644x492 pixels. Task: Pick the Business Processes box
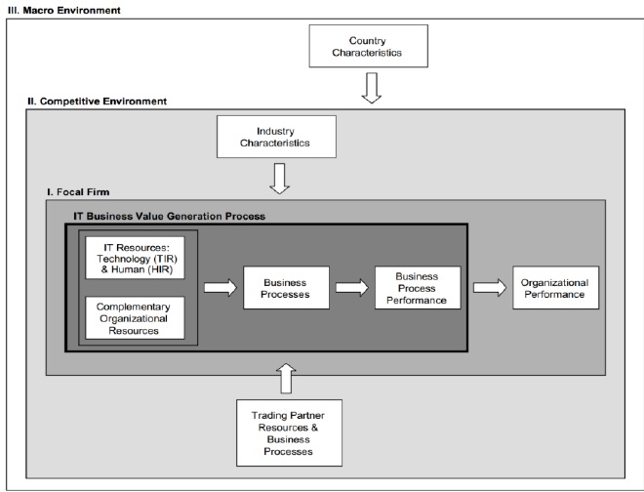(x=286, y=287)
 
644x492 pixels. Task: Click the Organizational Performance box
(x=553, y=287)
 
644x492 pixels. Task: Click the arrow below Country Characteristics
(x=370, y=91)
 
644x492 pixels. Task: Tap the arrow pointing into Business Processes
(x=221, y=287)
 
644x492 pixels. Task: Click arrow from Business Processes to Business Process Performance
(x=350, y=287)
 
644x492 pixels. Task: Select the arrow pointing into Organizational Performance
(x=488, y=287)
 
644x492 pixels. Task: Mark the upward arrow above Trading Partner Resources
(x=286, y=376)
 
